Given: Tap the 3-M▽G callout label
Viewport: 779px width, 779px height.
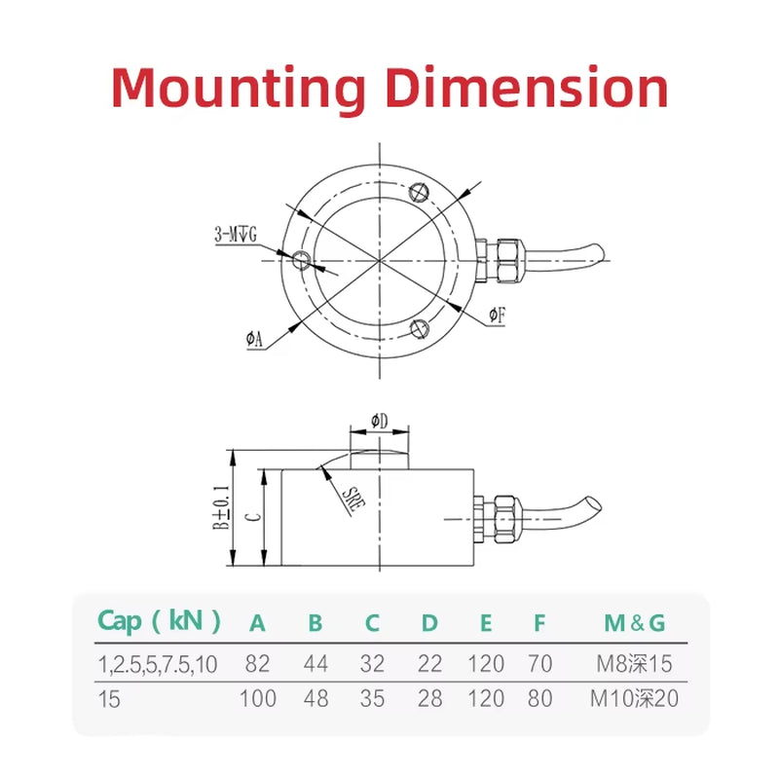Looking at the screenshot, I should pyautogui.click(x=235, y=235).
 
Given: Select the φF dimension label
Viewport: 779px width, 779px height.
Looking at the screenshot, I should pyautogui.click(x=496, y=315).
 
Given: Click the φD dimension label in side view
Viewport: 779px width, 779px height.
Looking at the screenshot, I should pyautogui.click(x=380, y=421).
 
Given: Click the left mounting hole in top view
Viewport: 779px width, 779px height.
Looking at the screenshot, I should pyautogui.click(x=302, y=259).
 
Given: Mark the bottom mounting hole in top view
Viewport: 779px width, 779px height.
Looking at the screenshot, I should pyautogui.click(x=420, y=326).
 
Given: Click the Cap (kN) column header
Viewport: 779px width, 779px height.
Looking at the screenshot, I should pyautogui.click(x=159, y=621).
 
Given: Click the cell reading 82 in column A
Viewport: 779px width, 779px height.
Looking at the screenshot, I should pyautogui.click(x=258, y=664).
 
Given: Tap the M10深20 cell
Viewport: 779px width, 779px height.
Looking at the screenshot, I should pyautogui.click(x=635, y=698).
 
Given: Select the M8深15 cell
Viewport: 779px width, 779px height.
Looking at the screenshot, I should pyautogui.click(x=634, y=664).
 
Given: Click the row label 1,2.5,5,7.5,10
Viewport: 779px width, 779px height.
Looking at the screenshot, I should pyautogui.click(x=158, y=664).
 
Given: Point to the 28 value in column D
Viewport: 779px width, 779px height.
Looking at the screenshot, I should pyautogui.click(x=428, y=698).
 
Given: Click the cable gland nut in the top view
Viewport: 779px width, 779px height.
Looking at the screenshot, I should pyautogui.click(x=506, y=258).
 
